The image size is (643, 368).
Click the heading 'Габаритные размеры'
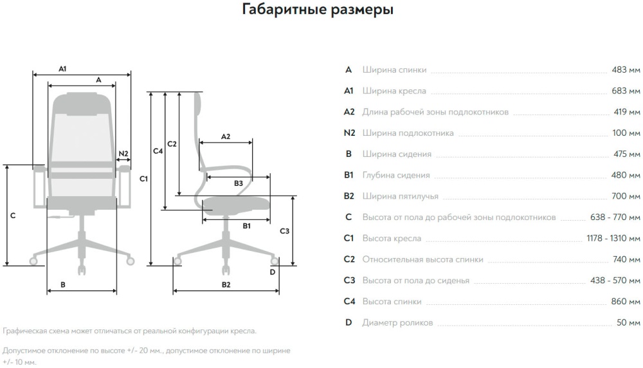tap(318, 10)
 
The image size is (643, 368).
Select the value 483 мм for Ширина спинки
tap(626, 70)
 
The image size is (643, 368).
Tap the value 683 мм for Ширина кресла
tap(626, 91)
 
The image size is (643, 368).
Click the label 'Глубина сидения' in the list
tap(396, 175)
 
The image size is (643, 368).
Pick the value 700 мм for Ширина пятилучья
tap(626, 196)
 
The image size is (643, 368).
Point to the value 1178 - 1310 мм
tap(613, 238)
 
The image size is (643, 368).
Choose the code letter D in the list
tap(349, 322)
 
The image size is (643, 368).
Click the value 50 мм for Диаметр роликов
tap(628, 322)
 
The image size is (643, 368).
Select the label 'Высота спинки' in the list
tap(392, 301)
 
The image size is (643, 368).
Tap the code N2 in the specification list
tap(349, 133)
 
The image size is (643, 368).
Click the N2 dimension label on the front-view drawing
tap(123, 154)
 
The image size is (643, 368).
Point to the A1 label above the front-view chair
tap(63, 68)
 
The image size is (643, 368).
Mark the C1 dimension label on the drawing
tap(144, 179)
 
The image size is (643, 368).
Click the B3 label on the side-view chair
tap(239, 183)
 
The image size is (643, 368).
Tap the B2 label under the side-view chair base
tap(226, 284)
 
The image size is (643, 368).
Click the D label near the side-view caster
tap(273, 271)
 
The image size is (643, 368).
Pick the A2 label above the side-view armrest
tap(226, 136)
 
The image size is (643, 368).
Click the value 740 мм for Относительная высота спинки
tap(626, 259)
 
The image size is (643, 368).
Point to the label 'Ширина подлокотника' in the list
tap(408, 133)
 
